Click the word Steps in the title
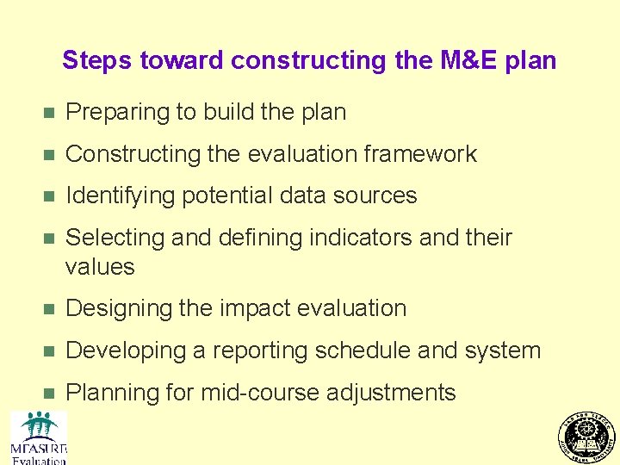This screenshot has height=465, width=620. [x=97, y=60]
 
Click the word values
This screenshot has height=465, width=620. [x=100, y=267]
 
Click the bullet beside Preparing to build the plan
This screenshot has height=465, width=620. [x=48, y=113]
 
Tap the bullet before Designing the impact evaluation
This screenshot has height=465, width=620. [x=48, y=309]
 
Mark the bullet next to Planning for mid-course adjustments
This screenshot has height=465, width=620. [x=48, y=394]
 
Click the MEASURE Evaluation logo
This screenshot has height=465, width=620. [x=39, y=437]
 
